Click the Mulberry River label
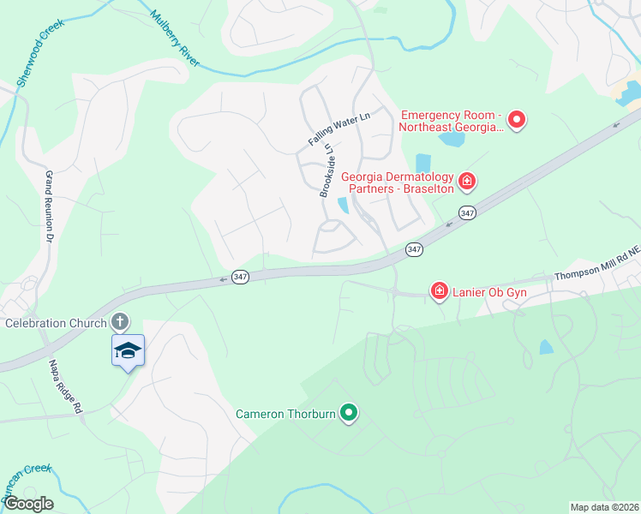(175, 39)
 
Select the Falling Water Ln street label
(338, 128)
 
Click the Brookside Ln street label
(326, 170)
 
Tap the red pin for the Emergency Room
(517, 121)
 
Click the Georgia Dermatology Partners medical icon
(467, 180)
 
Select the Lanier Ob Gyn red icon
(439, 292)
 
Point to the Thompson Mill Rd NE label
(596, 264)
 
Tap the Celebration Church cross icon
(120, 322)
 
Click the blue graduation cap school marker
(128, 350)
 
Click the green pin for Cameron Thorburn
(348, 414)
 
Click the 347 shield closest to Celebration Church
(241, 278)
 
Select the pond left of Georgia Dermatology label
(422, 163)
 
